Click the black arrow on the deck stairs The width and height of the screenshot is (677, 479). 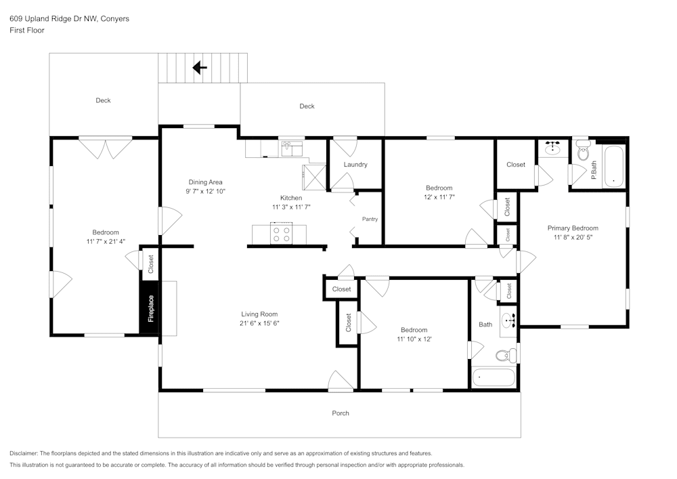[x=200, y=67]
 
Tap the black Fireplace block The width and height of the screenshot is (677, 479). [x=150, y=308]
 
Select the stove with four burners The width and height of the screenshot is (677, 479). [x=282, y=234]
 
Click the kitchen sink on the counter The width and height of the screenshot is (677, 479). [x=291, y=147]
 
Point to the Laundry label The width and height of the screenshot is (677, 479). [x=355, y=165]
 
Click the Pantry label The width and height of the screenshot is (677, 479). [x=370, y=219]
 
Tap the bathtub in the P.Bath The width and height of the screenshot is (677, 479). [x=615, y=165]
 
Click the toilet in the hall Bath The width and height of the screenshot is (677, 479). [x=503, y=355]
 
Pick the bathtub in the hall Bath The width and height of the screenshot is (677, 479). [x=494, y=377]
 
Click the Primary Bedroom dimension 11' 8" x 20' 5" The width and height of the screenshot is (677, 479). [x=573, y=238]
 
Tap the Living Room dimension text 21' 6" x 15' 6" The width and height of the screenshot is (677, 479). [x=259, y=324]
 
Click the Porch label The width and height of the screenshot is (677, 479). [x=341, y=413]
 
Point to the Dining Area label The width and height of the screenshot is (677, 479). [x=205, y=182]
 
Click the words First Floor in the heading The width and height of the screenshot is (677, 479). [x=27, y=30]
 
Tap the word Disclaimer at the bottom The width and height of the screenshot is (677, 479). [x=24, y=453]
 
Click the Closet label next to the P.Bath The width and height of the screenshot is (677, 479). [x=516, y=165]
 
